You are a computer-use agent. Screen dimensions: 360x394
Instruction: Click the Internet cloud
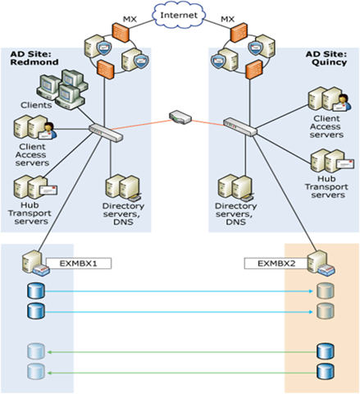point(178,15)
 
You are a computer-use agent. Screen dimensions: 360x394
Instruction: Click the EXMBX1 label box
point(79,263)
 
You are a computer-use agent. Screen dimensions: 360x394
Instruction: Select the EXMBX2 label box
point(276,263)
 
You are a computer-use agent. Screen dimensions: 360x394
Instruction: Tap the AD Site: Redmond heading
point(34,58)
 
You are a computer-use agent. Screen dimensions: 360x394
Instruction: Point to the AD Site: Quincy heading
point(326,58)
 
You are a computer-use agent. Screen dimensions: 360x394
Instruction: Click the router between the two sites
point(180,117)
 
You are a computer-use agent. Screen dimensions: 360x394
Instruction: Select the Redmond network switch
point(106,132)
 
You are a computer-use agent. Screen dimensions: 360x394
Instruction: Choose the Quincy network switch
point(240,126)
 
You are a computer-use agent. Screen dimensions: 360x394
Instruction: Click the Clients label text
point(36,105)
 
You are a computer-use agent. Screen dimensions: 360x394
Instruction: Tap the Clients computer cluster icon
point(62,89)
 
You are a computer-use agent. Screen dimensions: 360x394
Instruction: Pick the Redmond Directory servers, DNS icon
point(124,187)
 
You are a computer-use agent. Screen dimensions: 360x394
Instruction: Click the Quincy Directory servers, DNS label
point(235,213)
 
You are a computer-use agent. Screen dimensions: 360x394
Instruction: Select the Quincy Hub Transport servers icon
point(332,161)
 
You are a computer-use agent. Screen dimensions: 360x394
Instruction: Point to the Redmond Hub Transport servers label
point(30,213)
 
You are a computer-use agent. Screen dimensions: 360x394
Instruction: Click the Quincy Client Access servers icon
point(330,99)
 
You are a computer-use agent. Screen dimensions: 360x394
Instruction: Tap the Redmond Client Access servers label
point(32,155)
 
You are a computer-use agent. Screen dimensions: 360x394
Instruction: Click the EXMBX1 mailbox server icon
point(35,263)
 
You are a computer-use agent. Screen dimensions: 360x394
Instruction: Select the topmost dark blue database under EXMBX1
point(36,291)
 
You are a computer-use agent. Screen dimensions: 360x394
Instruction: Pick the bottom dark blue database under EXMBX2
point(326,372)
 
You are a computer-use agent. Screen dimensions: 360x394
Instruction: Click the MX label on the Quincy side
point(227,19)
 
